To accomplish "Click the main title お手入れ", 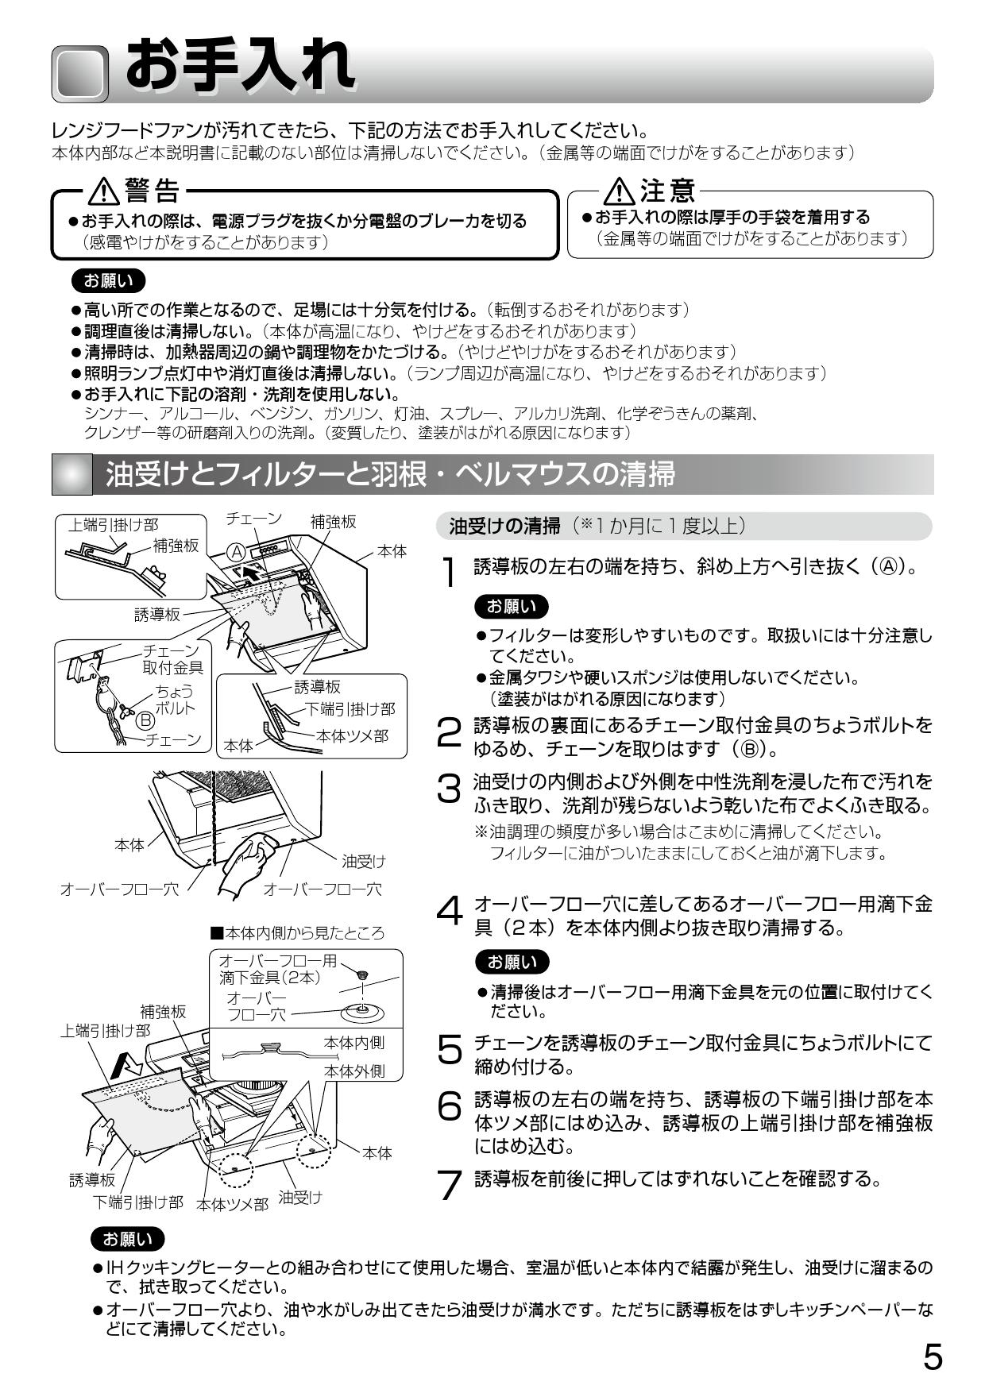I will tap(239, 67).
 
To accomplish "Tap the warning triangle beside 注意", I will tap(619, 191).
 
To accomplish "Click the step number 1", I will tap(450, 572).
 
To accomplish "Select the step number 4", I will tap(450, 912).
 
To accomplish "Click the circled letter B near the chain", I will tap(145, 720).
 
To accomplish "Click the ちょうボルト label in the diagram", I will tap(174, 700).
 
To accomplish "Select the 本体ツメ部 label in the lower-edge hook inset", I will tap(353, 736).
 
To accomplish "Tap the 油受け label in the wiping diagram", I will tap(363, 861).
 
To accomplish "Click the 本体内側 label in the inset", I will tap(354, 1042).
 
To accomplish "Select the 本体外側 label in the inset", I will tap(354, 1071).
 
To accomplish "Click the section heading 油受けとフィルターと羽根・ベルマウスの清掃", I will tap(389, 474).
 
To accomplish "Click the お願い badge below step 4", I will tap(512, 962).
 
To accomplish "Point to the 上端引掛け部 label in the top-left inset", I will tap(113, 524).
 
